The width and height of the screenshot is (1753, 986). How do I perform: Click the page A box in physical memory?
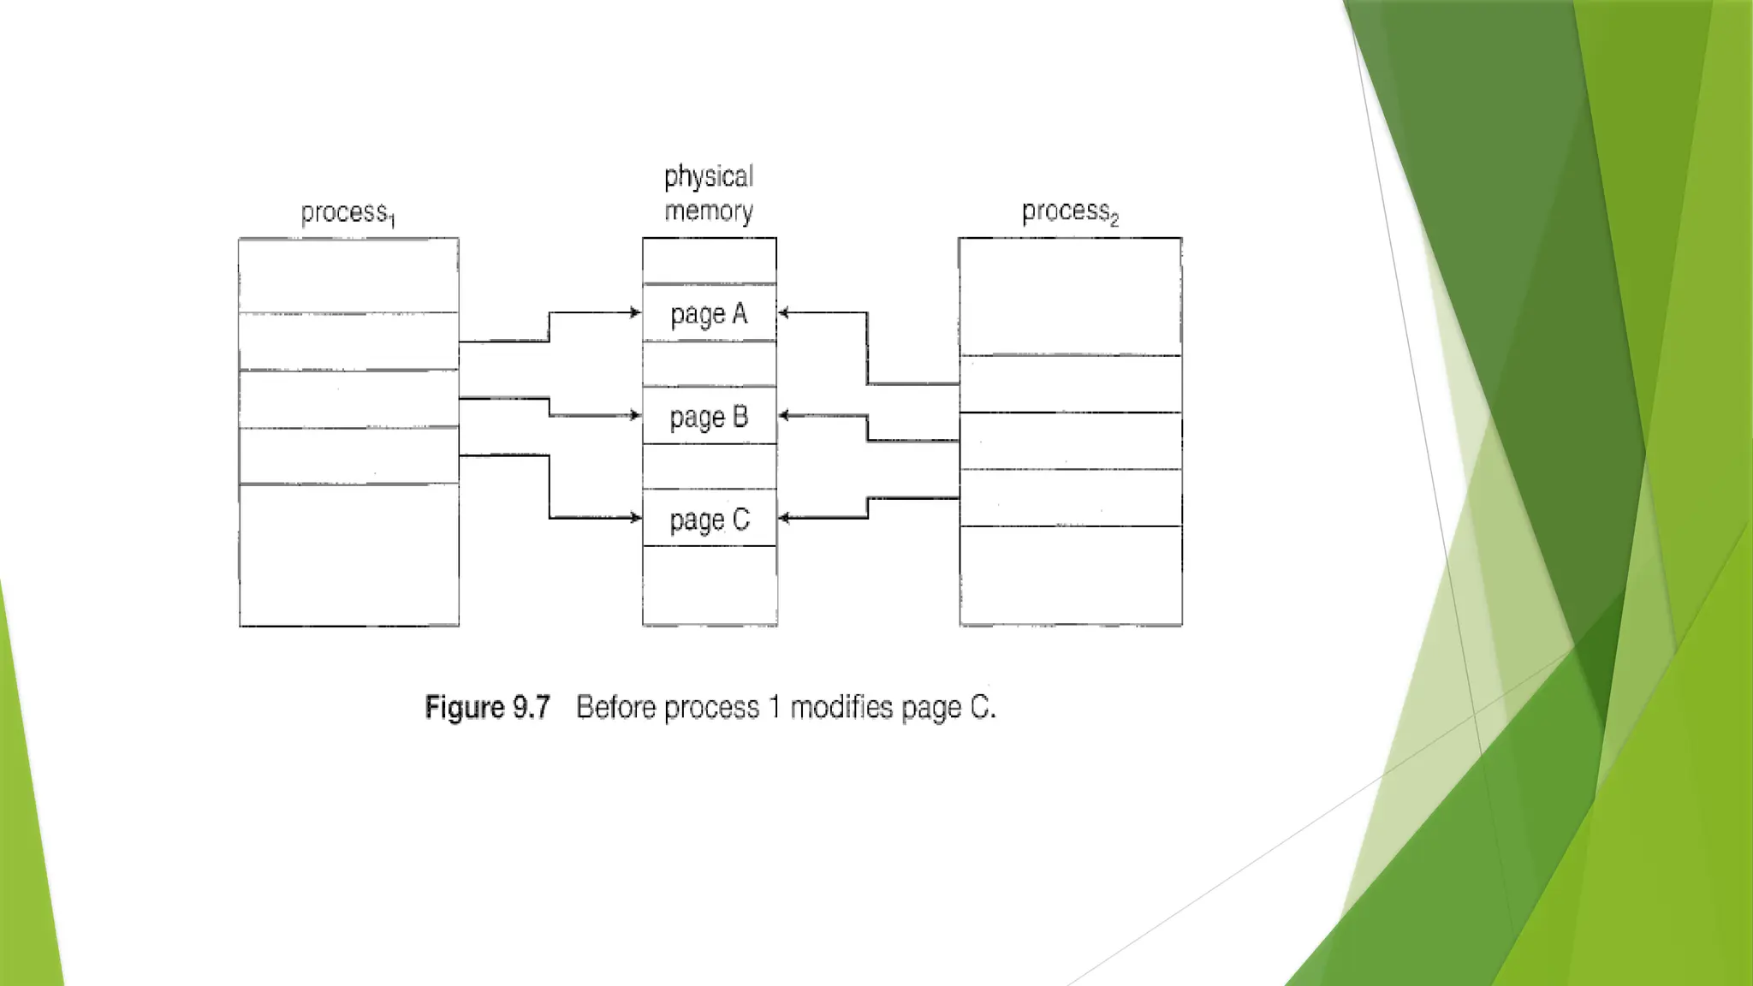[x=710, y=313]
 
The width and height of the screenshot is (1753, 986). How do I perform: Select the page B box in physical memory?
[x=710, y=416]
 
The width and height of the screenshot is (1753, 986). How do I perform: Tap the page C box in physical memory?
[x=710, y=519]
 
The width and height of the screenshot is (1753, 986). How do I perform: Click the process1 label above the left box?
[x=348, y=213]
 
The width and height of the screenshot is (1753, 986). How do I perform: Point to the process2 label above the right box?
[x=1070, y=211]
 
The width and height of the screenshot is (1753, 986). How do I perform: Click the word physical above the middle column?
[x=709, y=177]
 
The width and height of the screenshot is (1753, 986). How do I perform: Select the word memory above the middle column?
[x=709, y=211]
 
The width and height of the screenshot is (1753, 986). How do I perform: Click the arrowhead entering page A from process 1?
[x=636, y=312]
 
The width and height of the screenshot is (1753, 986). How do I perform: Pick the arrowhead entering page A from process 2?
[x=783, y=312]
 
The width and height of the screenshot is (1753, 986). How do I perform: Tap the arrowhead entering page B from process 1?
[x=636, y=415]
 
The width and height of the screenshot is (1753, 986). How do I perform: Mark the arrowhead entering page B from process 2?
[x=783, y=415]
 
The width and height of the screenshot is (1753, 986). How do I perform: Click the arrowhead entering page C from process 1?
[x=636, y=517]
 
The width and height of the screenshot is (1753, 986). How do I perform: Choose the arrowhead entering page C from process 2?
[x=783, y=517]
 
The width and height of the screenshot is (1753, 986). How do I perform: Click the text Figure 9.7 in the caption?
[x=487, y=708]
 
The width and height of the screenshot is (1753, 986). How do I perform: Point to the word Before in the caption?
[x=617, y=708]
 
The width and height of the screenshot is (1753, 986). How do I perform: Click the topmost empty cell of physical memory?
[x=710, y=260]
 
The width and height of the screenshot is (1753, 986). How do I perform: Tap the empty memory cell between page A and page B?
[x=710, y=364]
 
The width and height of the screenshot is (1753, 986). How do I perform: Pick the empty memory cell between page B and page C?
[x=710, y=466]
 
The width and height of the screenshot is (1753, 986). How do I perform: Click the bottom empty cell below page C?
[x=710, y=585]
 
